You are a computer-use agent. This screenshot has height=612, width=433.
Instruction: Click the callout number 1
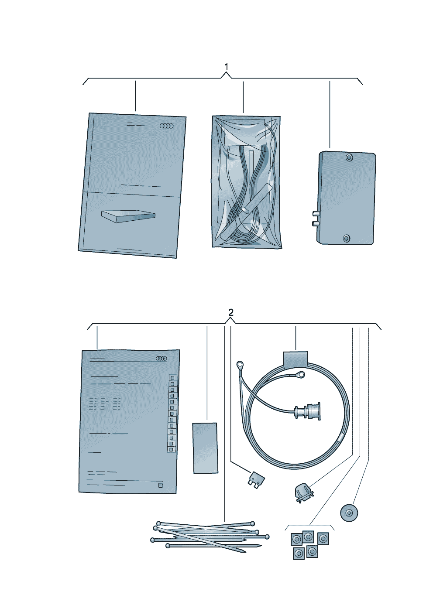point(226,66)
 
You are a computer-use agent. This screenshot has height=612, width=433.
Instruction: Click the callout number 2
point(231,312)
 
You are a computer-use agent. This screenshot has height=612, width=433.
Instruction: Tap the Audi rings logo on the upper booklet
point(166,126)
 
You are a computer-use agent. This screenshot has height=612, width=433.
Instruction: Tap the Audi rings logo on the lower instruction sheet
point(161,359)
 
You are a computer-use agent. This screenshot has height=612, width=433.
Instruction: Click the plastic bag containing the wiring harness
point(247,182)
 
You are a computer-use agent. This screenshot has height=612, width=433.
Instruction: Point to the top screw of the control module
point(349,157)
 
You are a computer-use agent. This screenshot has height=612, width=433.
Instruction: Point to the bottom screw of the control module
point(347,238)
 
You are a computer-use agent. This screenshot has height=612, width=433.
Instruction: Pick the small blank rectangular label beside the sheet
point(205,448)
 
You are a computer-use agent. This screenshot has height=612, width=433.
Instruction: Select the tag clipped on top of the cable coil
point(296,359)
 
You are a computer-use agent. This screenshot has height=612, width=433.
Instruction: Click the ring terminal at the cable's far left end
point(240,365)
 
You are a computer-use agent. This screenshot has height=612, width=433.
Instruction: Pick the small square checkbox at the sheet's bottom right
point(161,485)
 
